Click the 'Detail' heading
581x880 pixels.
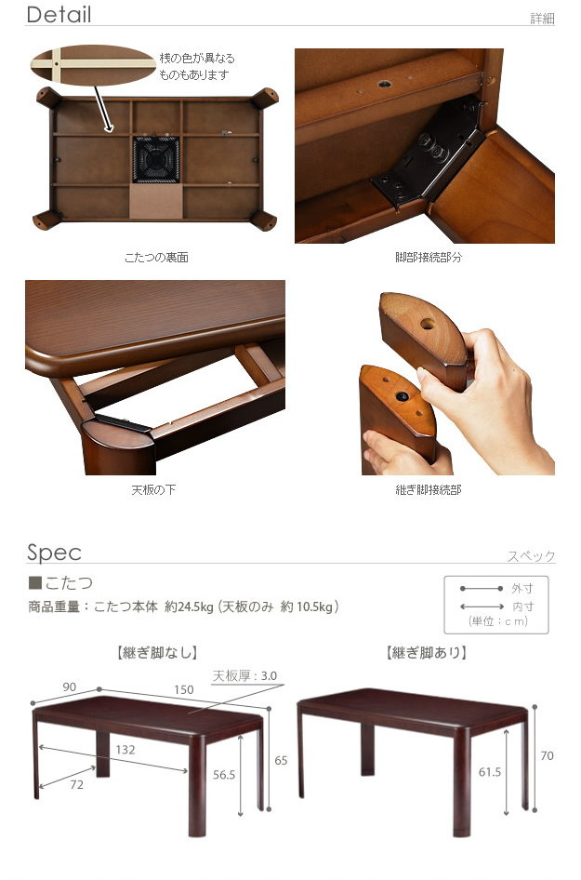point(59,15)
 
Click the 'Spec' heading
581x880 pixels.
point(55,553)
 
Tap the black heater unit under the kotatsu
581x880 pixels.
point(156,159)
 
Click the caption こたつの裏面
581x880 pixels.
point(156,258)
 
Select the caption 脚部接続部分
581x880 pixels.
point(429,258)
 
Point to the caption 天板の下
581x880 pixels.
point(153,490)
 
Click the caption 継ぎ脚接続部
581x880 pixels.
point(429,490)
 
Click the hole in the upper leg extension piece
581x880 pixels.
point(428,324)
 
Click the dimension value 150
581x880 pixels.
point(184,689)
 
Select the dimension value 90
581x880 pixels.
point(69,687)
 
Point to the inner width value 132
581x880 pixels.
point(125,749)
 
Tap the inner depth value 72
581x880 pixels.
point(77,784)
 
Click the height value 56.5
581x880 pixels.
point(224,775)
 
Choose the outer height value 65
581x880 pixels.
point(281,760)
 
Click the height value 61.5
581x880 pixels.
point(490,772)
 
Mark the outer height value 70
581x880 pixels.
point(547,756)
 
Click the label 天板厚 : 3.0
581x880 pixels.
point(244,675)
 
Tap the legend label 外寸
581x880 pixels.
point(522,589)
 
